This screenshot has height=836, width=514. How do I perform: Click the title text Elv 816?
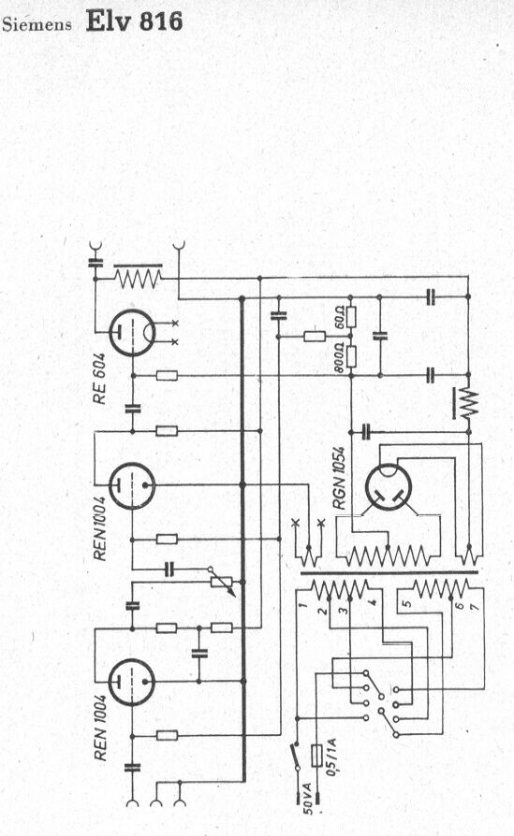[x=134, y=22]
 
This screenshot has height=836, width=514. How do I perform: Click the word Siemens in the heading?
[x=37, y=25]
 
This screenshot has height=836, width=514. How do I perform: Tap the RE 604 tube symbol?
[x=132, y=333]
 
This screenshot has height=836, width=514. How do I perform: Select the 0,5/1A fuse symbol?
[x=316, y=755]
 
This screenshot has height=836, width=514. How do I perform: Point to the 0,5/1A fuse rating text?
[x=331, y=757]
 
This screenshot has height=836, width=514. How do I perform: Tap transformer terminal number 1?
[x=302, y=605]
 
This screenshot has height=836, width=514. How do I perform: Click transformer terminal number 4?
[x=373, y=603]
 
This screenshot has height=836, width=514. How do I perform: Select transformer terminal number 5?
[x=406, y=604]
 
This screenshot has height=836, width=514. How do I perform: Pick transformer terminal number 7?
[x=475, y=606]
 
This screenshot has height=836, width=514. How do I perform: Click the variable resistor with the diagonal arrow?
[x=223, y=583]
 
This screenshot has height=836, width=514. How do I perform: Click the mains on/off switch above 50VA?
[x=296, y=756]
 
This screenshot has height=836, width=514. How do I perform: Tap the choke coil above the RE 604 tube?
[x=139, y=276]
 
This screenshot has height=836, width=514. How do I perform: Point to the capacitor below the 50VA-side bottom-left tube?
[x=132, y=768]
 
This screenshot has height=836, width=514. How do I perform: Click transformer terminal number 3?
[x=344, y=607]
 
